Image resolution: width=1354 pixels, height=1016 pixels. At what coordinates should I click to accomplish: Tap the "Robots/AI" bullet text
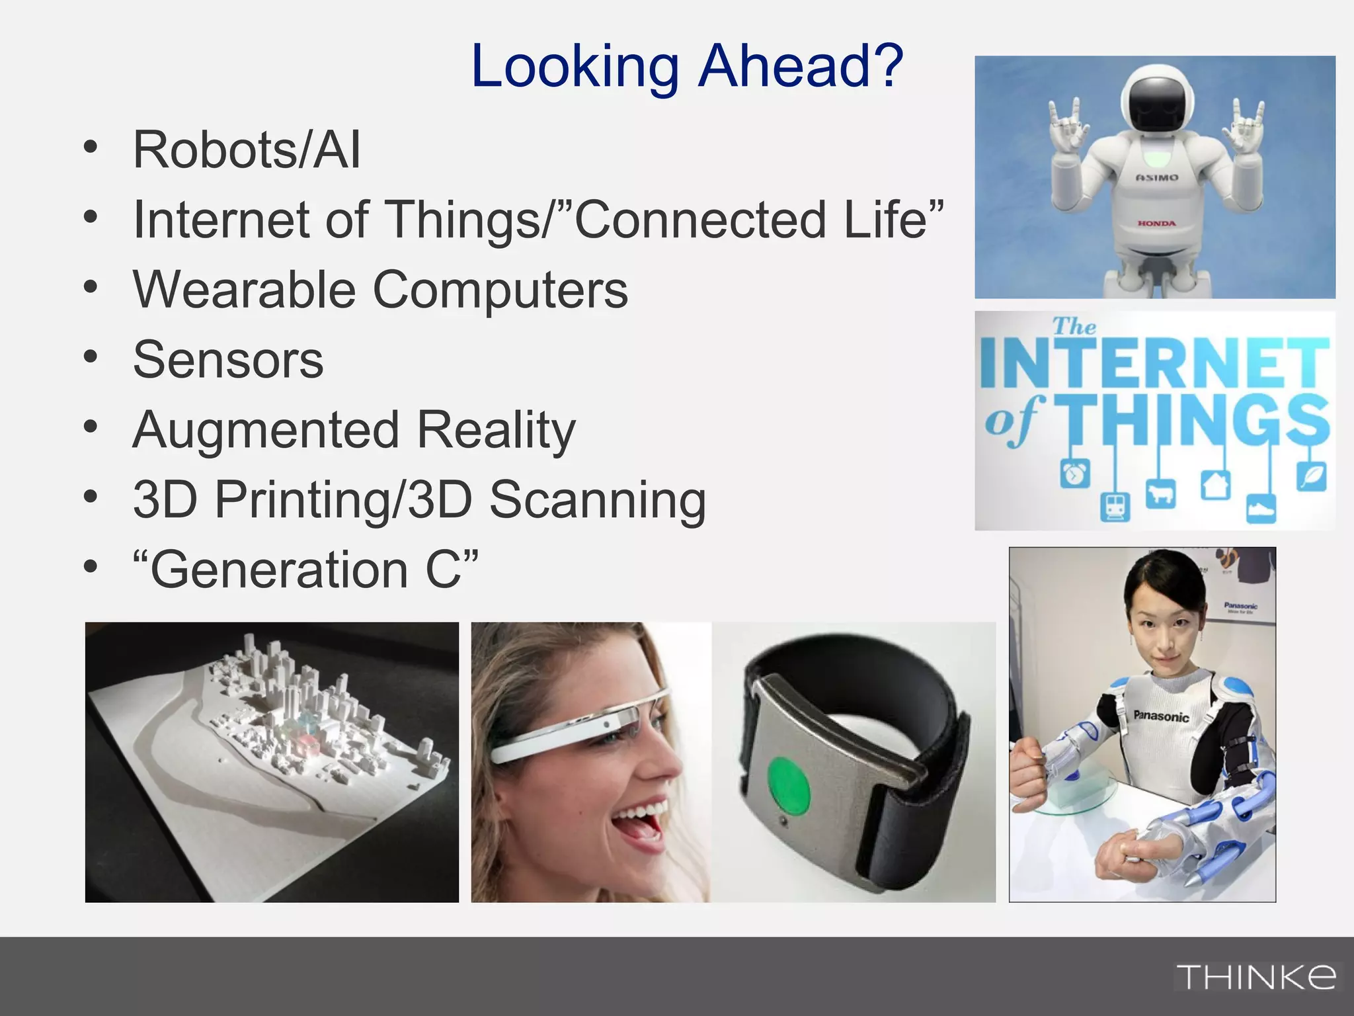[x=247, y=150]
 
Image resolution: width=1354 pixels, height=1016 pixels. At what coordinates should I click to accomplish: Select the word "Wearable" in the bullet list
[x=245, y=290]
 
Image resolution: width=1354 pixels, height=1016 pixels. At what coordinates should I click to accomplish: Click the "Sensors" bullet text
[x=228, y=360]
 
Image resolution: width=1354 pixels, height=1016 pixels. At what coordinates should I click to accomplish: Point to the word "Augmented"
[x=266, y=430]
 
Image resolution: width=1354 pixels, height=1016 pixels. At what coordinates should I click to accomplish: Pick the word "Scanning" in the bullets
[x=597, y=500]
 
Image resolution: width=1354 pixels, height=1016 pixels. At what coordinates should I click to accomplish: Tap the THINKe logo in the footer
[x=1255, y=977]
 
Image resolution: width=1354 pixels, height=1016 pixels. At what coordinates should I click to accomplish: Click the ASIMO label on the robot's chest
[x=1156, y=177]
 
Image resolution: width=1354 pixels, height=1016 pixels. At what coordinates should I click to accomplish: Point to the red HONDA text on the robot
[x=1156, y=224]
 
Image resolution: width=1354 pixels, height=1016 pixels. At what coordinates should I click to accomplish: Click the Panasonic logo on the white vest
[x=1161, y=716]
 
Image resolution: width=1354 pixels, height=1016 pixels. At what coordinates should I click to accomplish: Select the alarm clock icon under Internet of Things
[x=1075, y=474]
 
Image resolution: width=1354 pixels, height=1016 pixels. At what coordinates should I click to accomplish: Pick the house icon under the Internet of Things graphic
[x=1215, y=485]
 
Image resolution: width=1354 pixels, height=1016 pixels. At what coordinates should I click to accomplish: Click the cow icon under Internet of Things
[x=1160, y=493]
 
